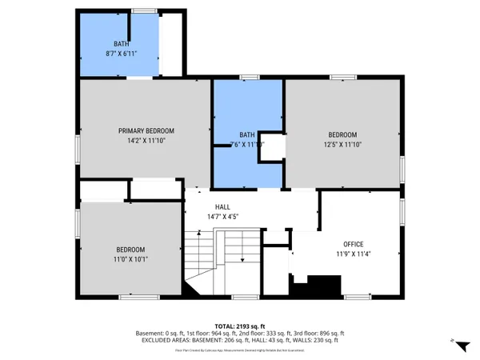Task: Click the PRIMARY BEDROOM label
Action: click(146, 130)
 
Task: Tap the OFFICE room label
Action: click(354, 244)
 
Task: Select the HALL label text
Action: click(211, 206)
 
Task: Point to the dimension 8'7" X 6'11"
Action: click(121, 52)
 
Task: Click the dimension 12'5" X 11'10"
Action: click(342, 145)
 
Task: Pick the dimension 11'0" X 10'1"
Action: click(130, 258)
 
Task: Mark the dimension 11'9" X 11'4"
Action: click(354, 254)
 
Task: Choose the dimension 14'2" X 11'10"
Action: click(146, 141)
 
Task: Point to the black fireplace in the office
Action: click(324, 285)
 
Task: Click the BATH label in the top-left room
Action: click(121, 43)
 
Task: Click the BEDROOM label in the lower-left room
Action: click(130, 249)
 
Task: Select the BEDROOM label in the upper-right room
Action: click(342, 134)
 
